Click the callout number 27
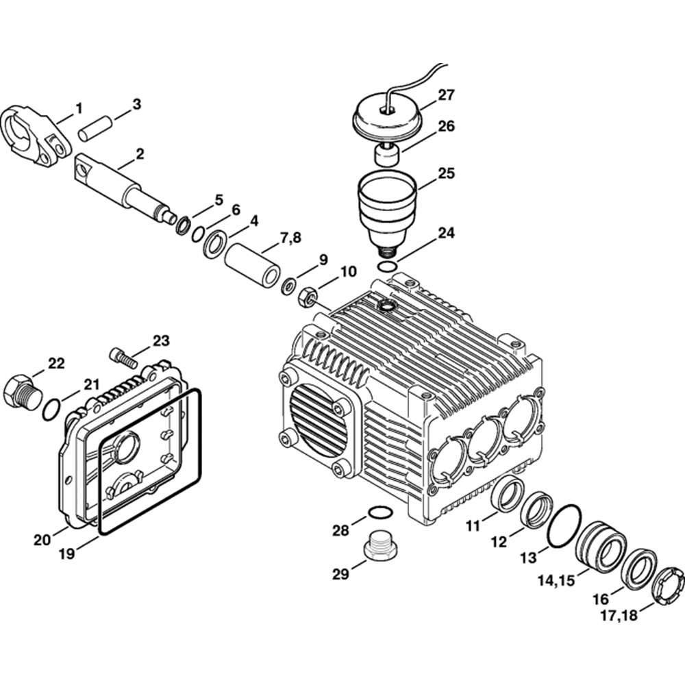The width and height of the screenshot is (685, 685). (446, 95)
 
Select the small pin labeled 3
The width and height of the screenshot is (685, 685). (95, 129)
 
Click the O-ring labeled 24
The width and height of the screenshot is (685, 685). (387, 266)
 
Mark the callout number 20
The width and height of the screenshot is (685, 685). (42, 540)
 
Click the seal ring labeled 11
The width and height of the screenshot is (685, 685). (508, 495)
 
